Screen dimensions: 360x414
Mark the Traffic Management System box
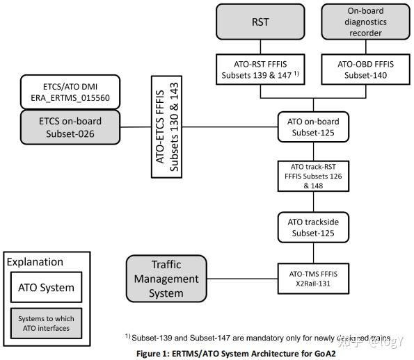(x=166, y=277)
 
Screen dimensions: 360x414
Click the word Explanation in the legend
(x=35, y=262)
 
